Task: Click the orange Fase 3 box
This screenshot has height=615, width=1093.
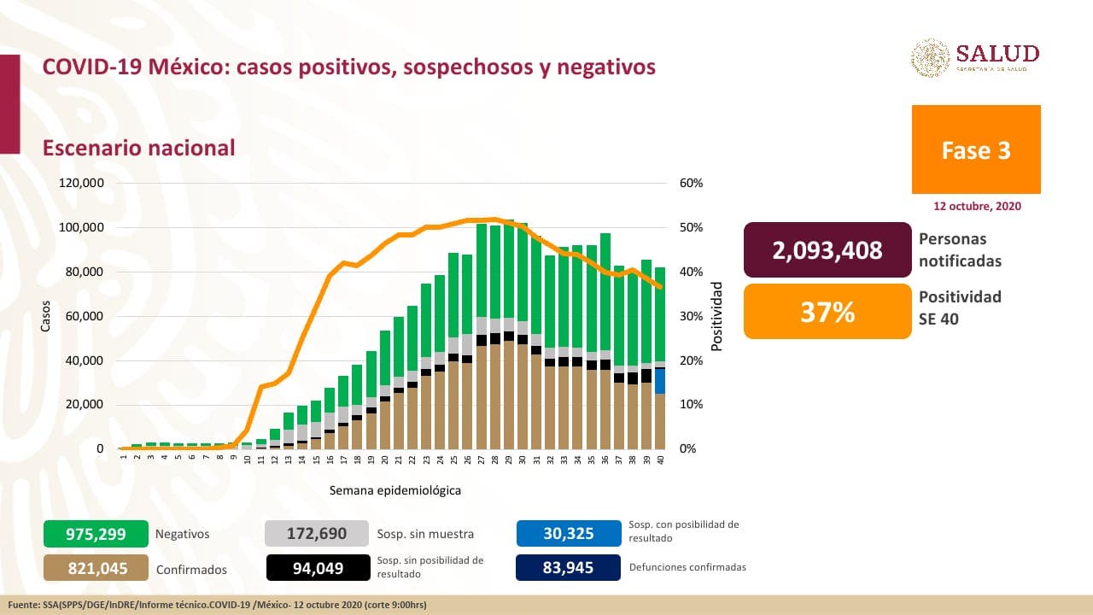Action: click(976, 149)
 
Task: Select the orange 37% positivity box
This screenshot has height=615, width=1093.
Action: click(827, 312)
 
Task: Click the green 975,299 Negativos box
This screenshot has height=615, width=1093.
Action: click(96, 534)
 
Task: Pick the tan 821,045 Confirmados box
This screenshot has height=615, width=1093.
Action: click(96, 568)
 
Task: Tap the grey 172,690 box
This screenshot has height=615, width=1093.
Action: click(317, 534)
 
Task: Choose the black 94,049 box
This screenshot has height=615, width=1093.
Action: click(317, 568)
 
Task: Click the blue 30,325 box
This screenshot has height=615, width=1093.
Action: click(568, 534)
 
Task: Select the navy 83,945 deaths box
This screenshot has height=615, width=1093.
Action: click(568, 568)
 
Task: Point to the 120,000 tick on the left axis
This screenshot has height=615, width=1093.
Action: click(81, 184)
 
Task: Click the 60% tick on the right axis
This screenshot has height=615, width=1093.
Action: click(691, 184)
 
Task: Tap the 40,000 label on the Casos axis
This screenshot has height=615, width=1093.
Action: click(84, 360)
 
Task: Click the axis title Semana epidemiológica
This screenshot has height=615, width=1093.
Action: click(395, 491)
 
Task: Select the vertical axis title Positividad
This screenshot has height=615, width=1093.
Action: click(717, 316)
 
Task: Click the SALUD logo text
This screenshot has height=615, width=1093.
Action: click(997, 53)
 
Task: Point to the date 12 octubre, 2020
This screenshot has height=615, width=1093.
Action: click(976, 207)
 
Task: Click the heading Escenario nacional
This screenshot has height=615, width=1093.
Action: click(139, 148)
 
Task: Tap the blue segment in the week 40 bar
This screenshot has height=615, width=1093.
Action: click(660, 380)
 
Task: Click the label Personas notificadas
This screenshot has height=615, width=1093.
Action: click(960, 249)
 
